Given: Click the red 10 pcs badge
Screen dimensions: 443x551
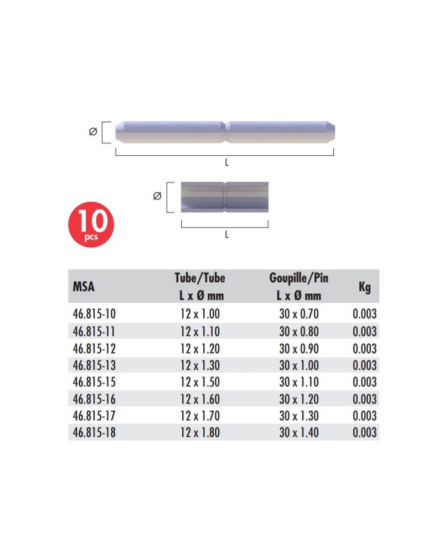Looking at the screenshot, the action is (x=91, y=224).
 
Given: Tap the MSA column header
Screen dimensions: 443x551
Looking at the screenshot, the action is (x=84, y=287).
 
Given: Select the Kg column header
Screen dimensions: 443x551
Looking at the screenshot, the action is (x=365, y=287).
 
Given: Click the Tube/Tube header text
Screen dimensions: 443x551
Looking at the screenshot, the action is (x=200, y=278).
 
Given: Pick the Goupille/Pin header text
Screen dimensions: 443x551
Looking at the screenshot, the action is (x=298, y=278).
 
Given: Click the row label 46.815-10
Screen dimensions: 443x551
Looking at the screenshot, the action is (x=94, y=313).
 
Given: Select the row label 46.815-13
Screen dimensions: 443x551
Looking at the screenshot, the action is (x=94, y=365).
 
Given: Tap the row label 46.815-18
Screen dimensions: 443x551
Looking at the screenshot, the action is (x=94, y=432).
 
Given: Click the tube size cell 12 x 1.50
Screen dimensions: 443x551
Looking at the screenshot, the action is (x=200, y=382).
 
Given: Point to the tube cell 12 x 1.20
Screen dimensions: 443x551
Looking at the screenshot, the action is (x=200, y=349).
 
